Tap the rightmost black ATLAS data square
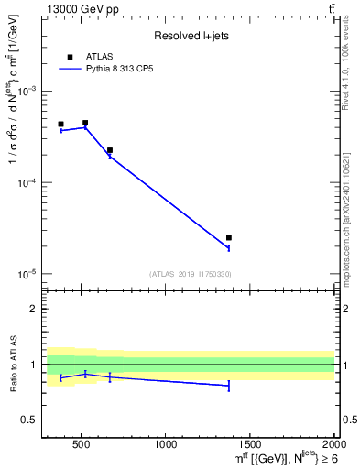point(229,237)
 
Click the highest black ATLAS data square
point(85,123)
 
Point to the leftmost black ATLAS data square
point(60,124)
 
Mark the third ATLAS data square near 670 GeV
point(110,150)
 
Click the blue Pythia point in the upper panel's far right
point(229,248)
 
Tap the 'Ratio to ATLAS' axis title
point(11,365)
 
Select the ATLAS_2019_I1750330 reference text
point(190,274)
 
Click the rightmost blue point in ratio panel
point(229,386)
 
